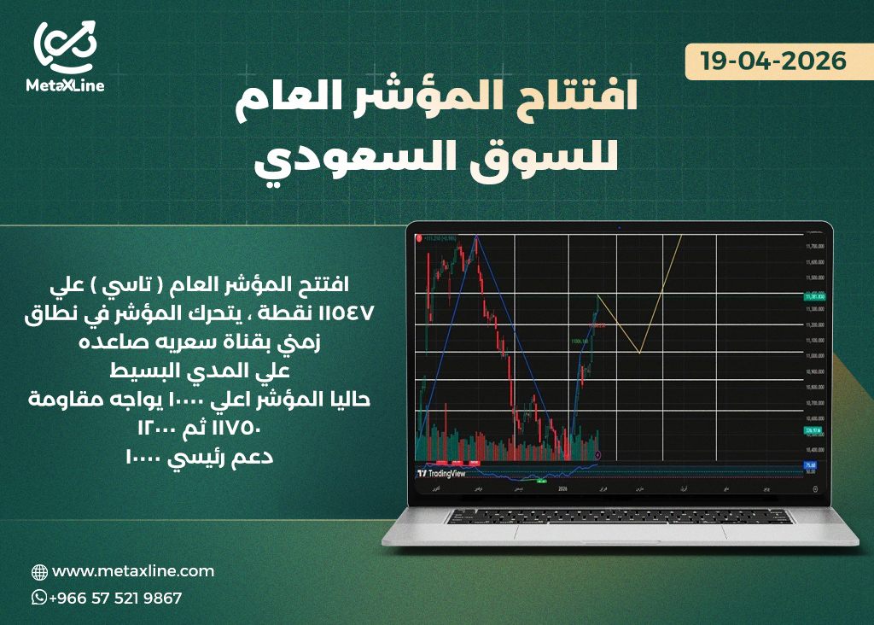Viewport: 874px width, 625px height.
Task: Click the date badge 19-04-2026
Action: (773, 61)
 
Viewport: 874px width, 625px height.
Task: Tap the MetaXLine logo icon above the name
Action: (66, 46)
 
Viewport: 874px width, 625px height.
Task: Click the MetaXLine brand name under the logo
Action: (66, 85)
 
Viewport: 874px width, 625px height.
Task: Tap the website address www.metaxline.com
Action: (133, 571)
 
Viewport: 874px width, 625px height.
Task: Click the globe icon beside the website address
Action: (39, 572)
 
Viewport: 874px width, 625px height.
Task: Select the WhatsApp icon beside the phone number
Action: (39, 598)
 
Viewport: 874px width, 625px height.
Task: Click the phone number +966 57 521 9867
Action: (115, 599)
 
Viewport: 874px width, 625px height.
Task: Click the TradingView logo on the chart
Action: (444, 472)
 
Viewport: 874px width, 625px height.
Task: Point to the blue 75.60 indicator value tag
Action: (811, 464)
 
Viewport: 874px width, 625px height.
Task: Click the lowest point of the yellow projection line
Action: (639, 352)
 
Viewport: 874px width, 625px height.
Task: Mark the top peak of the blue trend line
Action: (476, 236)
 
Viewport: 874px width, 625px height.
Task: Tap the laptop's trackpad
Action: (618, 531)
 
